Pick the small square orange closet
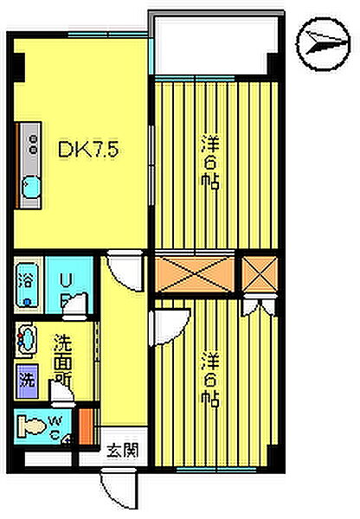coord(259,272)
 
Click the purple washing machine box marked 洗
coord(26,378)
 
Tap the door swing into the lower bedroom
coord(166,326)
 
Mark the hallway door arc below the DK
coord(123,272)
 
